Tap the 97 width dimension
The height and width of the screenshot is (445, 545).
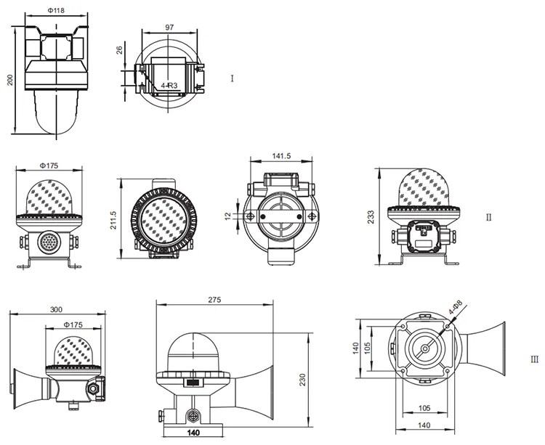pyautogui.click(x=169, y=27)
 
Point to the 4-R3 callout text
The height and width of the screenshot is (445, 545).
pyautogui.click(x=169, y=86)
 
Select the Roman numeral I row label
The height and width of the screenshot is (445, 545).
pyautogui.click(x=232, y=78)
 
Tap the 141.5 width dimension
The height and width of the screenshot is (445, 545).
pyautogui.click(x=280, y=155)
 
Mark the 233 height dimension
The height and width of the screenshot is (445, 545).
pyautogui.click(x=371, y=217)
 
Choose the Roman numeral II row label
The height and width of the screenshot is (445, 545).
pyautogui.click(x=489, y=217)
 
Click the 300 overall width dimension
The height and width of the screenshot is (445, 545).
pyautogui.click(x=57, y=309)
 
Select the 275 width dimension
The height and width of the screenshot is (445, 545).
pyautogui.click(x=214, y=299)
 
